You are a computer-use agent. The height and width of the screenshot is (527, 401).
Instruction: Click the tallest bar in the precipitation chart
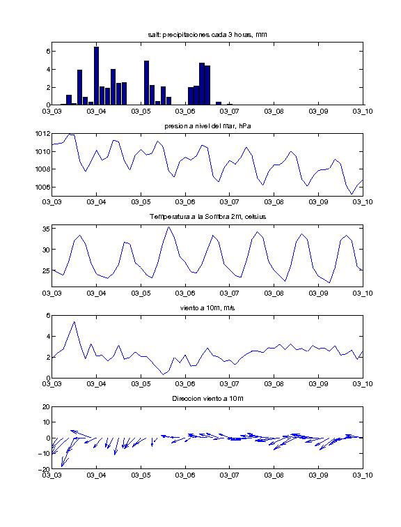[96, 76]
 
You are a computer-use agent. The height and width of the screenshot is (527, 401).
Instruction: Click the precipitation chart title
[207, 35]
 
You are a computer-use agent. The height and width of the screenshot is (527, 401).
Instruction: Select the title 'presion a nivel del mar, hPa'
[207, 126]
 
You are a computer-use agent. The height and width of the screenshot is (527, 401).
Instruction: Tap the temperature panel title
[207, 217]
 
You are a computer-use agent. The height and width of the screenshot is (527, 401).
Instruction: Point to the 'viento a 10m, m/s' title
[207, 308]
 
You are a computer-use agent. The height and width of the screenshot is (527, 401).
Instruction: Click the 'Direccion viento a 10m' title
[207, 399]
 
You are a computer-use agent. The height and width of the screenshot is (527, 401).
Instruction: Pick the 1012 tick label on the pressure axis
[42, 134]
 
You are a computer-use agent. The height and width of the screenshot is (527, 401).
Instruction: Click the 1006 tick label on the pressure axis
[42, 187]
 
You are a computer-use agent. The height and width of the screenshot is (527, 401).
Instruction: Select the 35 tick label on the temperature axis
[46, 229]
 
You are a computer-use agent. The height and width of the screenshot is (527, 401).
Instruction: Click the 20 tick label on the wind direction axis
[46, 406]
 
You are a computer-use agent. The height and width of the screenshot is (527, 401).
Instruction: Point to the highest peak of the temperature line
[168, 227]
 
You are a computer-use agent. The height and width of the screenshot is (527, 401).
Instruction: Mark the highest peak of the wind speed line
[74, 321]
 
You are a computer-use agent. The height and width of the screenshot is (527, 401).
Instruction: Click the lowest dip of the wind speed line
[164, 374]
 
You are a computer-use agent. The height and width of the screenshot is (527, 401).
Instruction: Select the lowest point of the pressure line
[352, 194]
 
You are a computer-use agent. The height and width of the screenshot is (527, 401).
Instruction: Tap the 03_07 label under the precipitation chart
[229, 112]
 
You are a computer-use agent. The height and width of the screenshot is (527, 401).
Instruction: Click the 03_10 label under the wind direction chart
[363, 475]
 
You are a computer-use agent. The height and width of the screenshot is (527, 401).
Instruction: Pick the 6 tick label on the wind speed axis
[48, 316]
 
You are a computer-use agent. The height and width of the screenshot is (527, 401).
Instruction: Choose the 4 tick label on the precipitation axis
[48, 70]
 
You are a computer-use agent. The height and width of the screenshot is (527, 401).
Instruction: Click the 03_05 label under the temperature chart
[141, 293]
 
